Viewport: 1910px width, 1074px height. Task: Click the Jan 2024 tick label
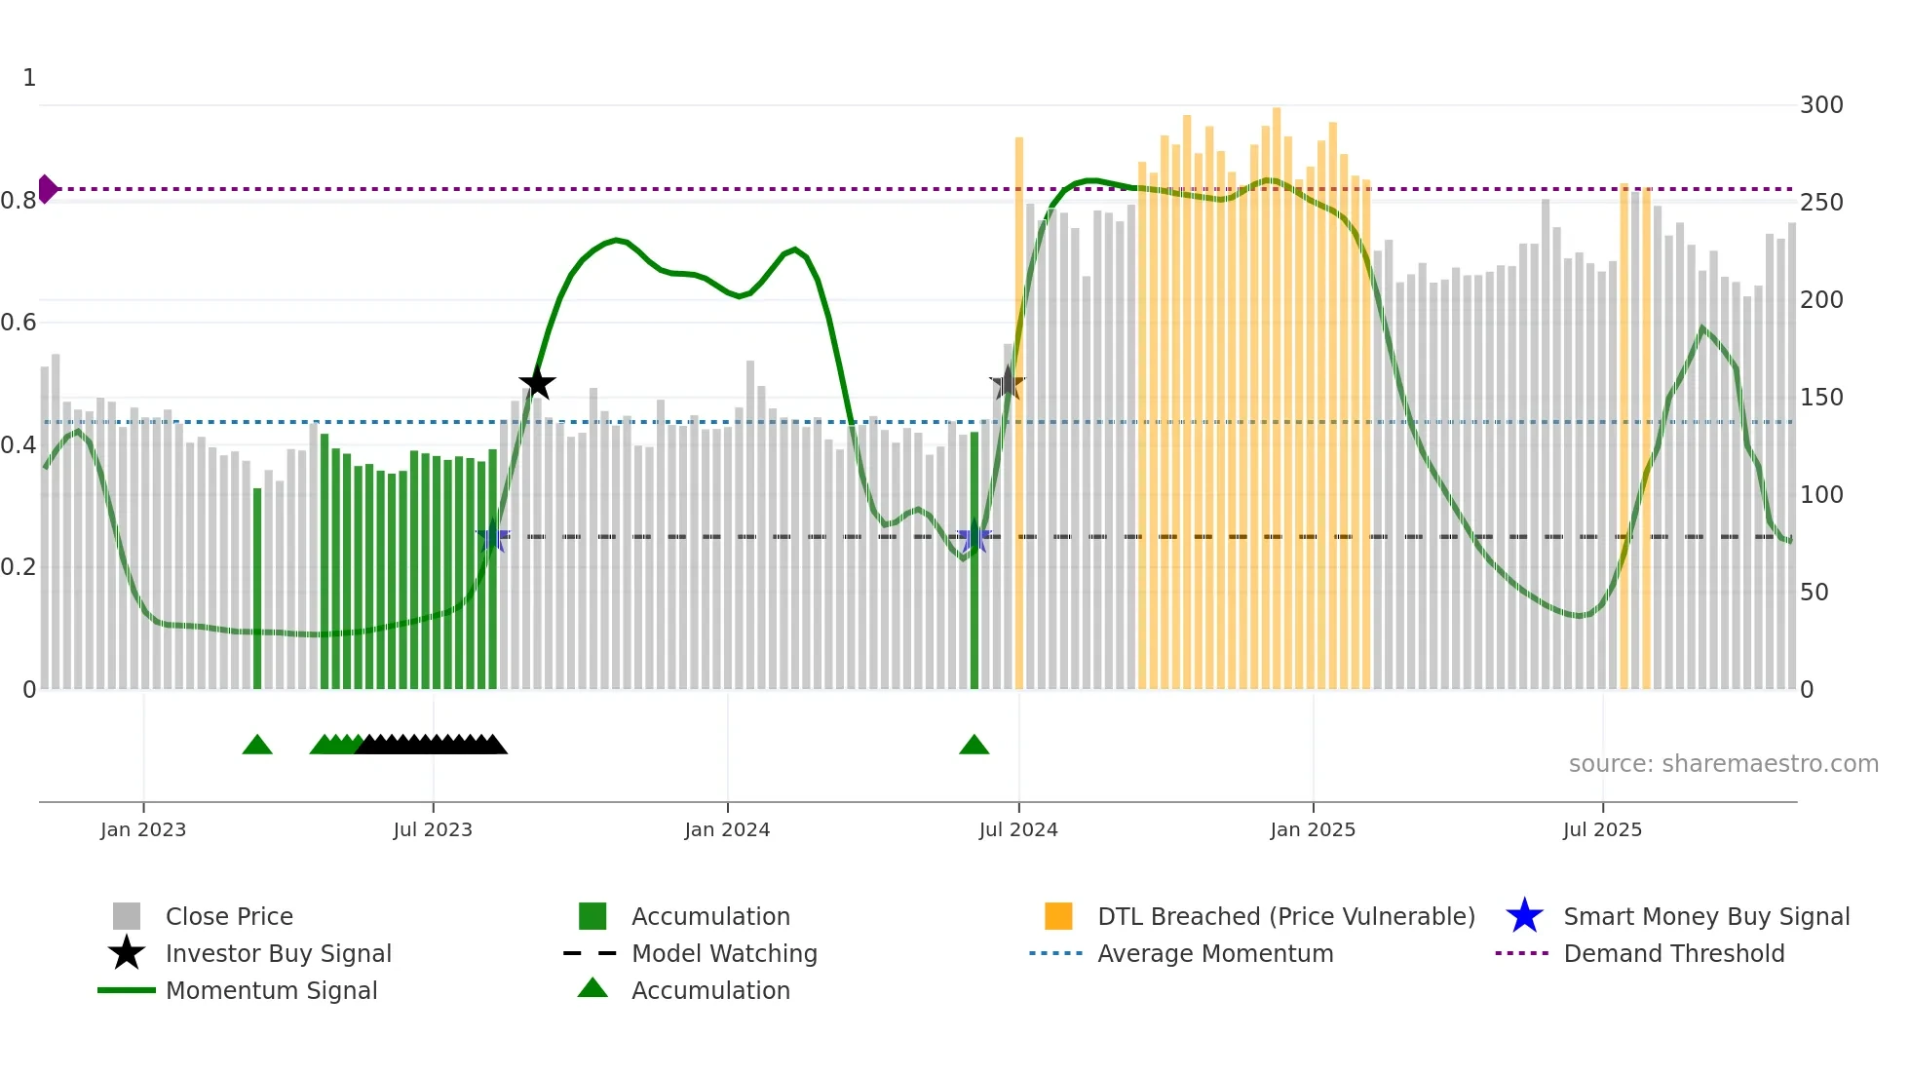(727, 830)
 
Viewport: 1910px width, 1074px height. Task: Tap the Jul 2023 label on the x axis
(433, 830)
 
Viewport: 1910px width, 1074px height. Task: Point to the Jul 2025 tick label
(1602, 830)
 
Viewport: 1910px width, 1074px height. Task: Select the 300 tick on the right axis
(1821, 105)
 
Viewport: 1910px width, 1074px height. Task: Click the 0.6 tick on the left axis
(19, 323)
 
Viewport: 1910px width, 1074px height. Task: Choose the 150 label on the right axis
(1821, 398)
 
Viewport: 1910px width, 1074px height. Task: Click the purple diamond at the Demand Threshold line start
(47, 189)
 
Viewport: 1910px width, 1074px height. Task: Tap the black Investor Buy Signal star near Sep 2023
(537, 384)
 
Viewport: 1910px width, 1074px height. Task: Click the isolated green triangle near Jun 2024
(974, 746)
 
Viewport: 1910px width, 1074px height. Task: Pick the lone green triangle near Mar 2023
(257, 746)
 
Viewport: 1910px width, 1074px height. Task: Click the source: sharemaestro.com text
(1723, 764)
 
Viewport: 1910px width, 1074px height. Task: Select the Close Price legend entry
(229, 917)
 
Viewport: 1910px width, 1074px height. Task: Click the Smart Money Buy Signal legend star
(1524, 917)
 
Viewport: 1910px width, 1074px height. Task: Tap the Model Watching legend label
(724, 954)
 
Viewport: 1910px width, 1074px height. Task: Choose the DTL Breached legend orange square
(1058, 917)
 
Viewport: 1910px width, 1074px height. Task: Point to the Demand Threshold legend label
(1673, 954)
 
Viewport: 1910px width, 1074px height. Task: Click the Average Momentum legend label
(1215, 954)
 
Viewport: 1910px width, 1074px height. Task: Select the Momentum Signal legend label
(271, 991)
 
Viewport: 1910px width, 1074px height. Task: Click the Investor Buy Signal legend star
(127, 954)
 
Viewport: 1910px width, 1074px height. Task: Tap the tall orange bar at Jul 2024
(1019, 409)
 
